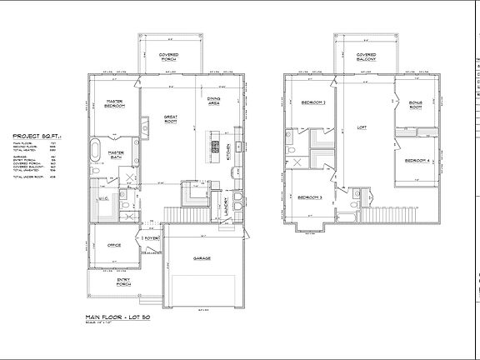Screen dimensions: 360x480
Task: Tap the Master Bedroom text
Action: (115, 103)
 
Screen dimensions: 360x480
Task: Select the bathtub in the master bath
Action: (95, 152)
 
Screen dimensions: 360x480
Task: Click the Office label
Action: (114, 245)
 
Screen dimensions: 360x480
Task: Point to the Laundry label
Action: (226, 203)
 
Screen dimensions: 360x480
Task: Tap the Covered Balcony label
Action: (367, 58)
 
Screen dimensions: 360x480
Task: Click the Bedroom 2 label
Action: (312, 102)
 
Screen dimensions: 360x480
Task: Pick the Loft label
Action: (362, 128)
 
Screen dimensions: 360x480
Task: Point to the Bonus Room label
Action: (416, 105)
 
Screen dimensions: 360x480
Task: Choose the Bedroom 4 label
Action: (417, 161)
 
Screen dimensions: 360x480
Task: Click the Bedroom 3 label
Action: (310, 197)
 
